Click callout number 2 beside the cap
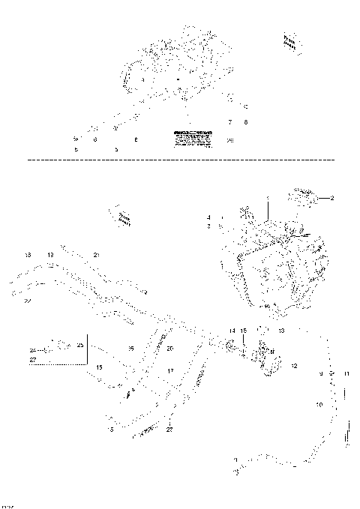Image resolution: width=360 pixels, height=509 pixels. coord(332,198)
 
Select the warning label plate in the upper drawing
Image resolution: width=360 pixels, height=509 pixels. coord(190,136)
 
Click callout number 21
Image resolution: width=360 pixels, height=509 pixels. coord(97,256)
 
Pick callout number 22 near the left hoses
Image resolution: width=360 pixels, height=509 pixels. coord(27,301)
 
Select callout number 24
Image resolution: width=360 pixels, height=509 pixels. coord(33,350)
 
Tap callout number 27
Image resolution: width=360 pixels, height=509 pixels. coord(33,360)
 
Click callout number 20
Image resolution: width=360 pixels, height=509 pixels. coord(170,349)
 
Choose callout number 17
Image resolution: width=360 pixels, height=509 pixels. coord(170,370)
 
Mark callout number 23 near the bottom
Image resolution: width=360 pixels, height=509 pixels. coord(170,430)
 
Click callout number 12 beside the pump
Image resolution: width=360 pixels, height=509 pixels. coord(294,366)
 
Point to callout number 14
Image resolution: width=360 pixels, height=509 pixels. coord(232,331)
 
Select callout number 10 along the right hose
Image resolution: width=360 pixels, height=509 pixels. coord(319,404)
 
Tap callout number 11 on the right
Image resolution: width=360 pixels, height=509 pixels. coord(346,373)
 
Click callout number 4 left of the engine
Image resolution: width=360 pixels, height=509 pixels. coord(209,217)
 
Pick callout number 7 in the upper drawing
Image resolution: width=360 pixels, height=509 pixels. coord(230,121)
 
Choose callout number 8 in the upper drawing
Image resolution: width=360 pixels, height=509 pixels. coord(245,121)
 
